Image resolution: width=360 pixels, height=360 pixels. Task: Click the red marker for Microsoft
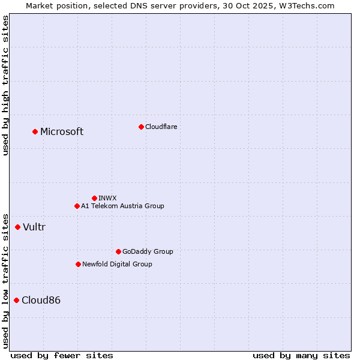(35, 131)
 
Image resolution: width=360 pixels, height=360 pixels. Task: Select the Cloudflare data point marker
(141, 127)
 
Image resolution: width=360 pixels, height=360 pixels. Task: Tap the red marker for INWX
(94, 198)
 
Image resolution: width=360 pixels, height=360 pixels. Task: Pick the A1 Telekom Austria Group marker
(77, 206)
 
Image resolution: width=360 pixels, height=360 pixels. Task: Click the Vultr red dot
(17, 227)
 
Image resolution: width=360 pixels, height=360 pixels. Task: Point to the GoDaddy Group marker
(118, 251)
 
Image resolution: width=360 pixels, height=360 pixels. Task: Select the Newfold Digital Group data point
(78, 264)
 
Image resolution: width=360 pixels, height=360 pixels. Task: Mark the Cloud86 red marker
(16, 300)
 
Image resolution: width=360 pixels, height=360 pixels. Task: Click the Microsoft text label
(62, 132)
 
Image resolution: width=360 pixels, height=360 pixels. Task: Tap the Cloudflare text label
(161, 127)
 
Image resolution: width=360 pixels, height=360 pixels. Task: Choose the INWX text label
(107, 198)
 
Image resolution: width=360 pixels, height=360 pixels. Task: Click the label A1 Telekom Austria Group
(122, 206)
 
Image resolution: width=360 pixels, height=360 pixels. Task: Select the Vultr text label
(34, 227)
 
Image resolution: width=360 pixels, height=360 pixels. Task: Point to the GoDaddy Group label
(148, 251)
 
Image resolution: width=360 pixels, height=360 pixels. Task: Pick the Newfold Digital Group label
(117, 264)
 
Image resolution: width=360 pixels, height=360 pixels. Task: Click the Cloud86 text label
(41, 300)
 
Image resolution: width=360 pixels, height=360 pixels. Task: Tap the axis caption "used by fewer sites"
(62, 355)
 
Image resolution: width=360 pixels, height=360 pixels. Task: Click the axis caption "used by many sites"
(301, 355)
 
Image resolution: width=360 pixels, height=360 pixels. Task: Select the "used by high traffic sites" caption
(5, 85)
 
